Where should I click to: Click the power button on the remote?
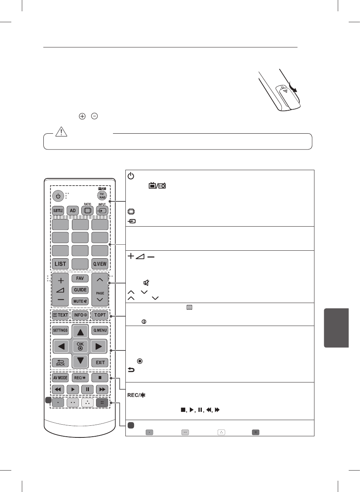click(x=58, y=196)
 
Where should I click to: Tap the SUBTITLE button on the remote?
click(x=58, y=211)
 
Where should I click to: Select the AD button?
click(x=73, y=211)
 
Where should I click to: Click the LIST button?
click(x=60, y=264)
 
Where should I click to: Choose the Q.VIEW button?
click(x=100, y=264)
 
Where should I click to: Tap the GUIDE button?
click(x=80, y=290)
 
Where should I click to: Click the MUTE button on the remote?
click(x=80, y=302)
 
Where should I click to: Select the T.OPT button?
click(x=100, y=315)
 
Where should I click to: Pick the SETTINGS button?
click(x=60, y=331)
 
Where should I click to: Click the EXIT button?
click(x=100, y=363)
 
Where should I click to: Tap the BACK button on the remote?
click(x=60, y=363)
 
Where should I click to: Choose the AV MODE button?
click(x=60, y=378)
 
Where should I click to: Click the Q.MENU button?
click(x=100, y=331)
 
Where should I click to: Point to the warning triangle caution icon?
click(x=61, y=132)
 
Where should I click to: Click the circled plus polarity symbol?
click(x=82, y=116)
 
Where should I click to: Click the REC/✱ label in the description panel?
click(x=136, y=395)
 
